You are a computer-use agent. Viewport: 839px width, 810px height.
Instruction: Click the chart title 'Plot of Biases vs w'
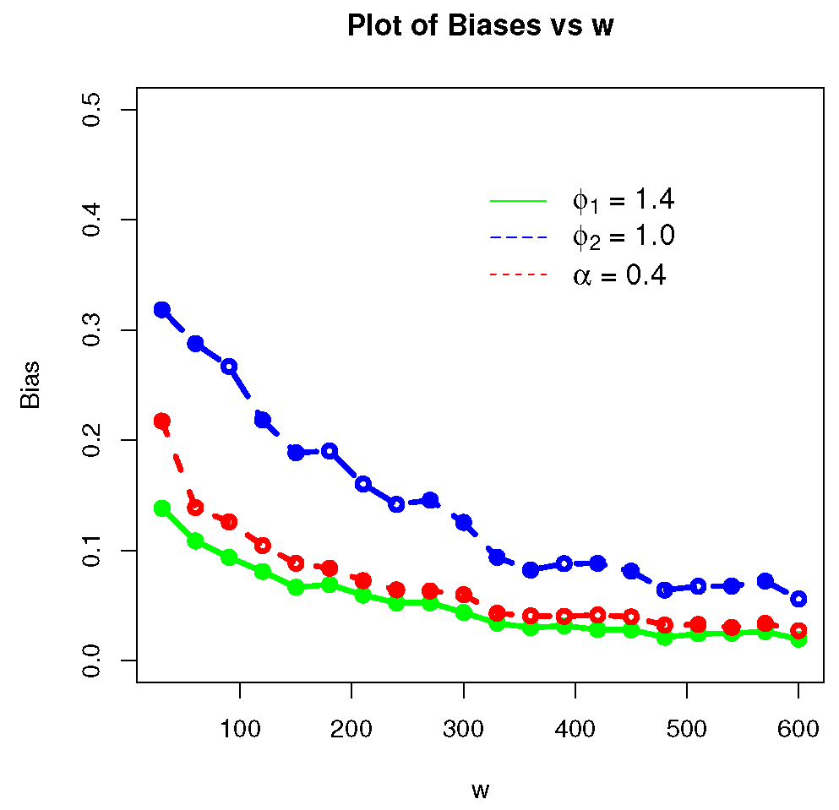[x=479, y=27]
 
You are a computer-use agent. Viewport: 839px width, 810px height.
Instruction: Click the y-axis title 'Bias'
[x=30, y=384]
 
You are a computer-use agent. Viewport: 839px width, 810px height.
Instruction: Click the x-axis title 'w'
[x=480, y=791]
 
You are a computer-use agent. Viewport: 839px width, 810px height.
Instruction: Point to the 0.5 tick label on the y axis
[x=92, y=110]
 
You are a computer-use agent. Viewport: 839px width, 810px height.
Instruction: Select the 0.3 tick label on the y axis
[x=92, y=330]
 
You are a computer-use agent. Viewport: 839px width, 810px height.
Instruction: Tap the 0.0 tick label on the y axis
[x=92, y=661]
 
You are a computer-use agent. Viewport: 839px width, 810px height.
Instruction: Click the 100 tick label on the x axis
[x=240, y=728]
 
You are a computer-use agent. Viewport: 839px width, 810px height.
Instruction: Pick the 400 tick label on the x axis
[x=575, y=728]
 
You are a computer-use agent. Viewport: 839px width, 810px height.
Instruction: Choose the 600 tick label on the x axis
[x=798, y=728]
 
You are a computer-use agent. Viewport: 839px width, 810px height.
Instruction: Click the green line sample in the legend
[x=519, y=201]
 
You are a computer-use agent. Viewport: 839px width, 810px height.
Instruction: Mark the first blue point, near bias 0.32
[x=161, y=309]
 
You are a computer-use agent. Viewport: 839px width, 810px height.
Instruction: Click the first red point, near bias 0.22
[x=161, y=421]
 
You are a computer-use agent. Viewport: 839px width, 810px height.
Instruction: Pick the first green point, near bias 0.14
[x=161, y=508]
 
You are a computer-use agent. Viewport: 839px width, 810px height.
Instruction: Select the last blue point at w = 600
[x=798, y=599]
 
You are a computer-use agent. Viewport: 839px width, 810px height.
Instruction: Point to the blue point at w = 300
[x=464, y=523]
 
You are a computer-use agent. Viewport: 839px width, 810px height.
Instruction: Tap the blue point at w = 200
[x=363, y=484]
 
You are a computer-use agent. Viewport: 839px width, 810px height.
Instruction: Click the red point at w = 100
[x=229, y=522]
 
